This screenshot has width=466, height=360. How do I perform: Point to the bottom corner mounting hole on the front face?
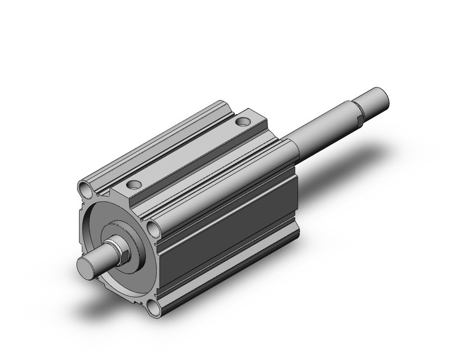coord(155,307)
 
